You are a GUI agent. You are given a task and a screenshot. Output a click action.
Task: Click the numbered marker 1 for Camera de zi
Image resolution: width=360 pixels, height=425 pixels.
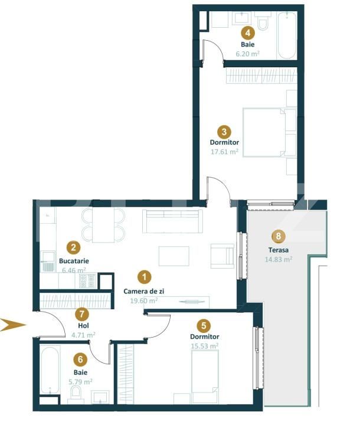tap(143, 276)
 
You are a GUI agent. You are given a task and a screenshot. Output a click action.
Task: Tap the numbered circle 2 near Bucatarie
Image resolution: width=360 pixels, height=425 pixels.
tap(73, 248)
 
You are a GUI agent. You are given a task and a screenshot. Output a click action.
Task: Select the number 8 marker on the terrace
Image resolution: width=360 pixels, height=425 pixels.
tap(277, 236)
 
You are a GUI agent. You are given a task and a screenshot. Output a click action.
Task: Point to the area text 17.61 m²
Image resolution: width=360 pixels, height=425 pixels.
tap(224, 152)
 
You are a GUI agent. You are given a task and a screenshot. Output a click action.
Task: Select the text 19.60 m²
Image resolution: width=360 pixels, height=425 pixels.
tap(143, 300)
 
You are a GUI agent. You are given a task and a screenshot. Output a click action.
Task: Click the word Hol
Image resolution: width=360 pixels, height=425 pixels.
tap(83, 325)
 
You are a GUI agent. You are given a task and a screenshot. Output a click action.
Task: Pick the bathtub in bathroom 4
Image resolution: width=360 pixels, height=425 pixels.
tap(287, 35)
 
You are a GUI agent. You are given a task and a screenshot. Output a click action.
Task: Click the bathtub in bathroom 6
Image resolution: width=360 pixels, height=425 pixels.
tap(50, 370)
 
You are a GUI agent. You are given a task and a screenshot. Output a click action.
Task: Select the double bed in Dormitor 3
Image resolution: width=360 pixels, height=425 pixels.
tap(264, 132)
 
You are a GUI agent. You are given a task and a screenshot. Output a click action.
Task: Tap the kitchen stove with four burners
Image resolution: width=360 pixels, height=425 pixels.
tap(87, 281)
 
